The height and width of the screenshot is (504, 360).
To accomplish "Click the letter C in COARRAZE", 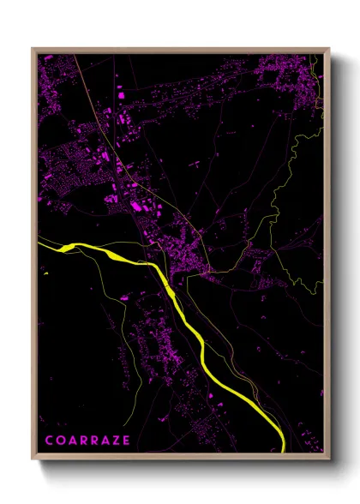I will (49, 441).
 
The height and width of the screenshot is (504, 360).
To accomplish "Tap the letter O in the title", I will (60, 441).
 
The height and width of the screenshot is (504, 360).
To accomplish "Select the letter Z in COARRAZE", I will (116, 441).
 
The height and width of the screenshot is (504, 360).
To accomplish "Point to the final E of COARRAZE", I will (127, 441).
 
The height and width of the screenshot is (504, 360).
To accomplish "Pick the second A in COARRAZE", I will (105, 441).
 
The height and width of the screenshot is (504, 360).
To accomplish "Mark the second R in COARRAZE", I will (93, 441).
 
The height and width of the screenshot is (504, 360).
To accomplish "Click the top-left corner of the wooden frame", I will (33, 49).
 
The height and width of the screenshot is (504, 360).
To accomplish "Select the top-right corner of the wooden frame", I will (329, 49).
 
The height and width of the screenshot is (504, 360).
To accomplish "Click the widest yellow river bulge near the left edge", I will (67, 249).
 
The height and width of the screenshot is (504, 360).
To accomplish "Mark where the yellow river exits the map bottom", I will (282, 449).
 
